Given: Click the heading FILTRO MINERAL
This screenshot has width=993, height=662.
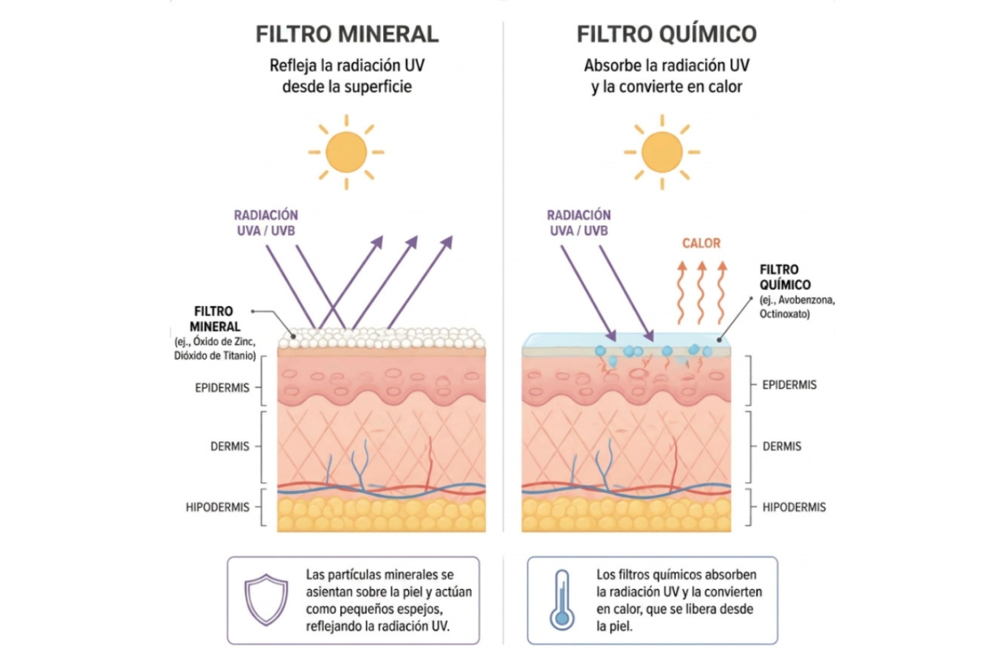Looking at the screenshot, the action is (347, 34).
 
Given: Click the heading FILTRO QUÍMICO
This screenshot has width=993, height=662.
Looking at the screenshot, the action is (666, 33).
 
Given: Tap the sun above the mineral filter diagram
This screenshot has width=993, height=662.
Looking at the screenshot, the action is (346, 152).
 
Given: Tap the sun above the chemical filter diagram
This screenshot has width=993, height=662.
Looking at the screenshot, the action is (662, 152).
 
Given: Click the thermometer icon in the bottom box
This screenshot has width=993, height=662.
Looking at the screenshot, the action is (562, 600).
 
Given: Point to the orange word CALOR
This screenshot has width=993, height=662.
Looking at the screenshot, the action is (702, 243).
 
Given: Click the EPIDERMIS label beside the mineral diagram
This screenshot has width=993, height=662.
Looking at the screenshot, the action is (222, 388).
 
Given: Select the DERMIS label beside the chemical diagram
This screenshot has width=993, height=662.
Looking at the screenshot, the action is (781, 446).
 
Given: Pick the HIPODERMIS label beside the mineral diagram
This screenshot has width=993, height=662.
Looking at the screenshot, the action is (217, 506).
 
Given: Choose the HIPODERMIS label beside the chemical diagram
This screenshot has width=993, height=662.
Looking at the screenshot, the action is (794, 506).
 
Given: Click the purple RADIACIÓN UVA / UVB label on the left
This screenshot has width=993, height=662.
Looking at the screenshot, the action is (266, 223).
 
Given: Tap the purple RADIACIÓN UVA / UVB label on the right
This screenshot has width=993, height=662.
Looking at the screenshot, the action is (578, 223).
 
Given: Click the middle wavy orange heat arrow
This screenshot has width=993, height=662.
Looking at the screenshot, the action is (702, 292).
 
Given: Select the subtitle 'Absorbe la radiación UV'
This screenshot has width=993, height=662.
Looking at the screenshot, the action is (666, 65).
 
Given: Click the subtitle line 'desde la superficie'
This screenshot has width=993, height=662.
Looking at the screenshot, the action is (347, 86).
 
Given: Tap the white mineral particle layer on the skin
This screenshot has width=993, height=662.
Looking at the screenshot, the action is (381, 338).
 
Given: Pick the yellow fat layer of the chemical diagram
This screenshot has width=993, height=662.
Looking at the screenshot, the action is (626, 515).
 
